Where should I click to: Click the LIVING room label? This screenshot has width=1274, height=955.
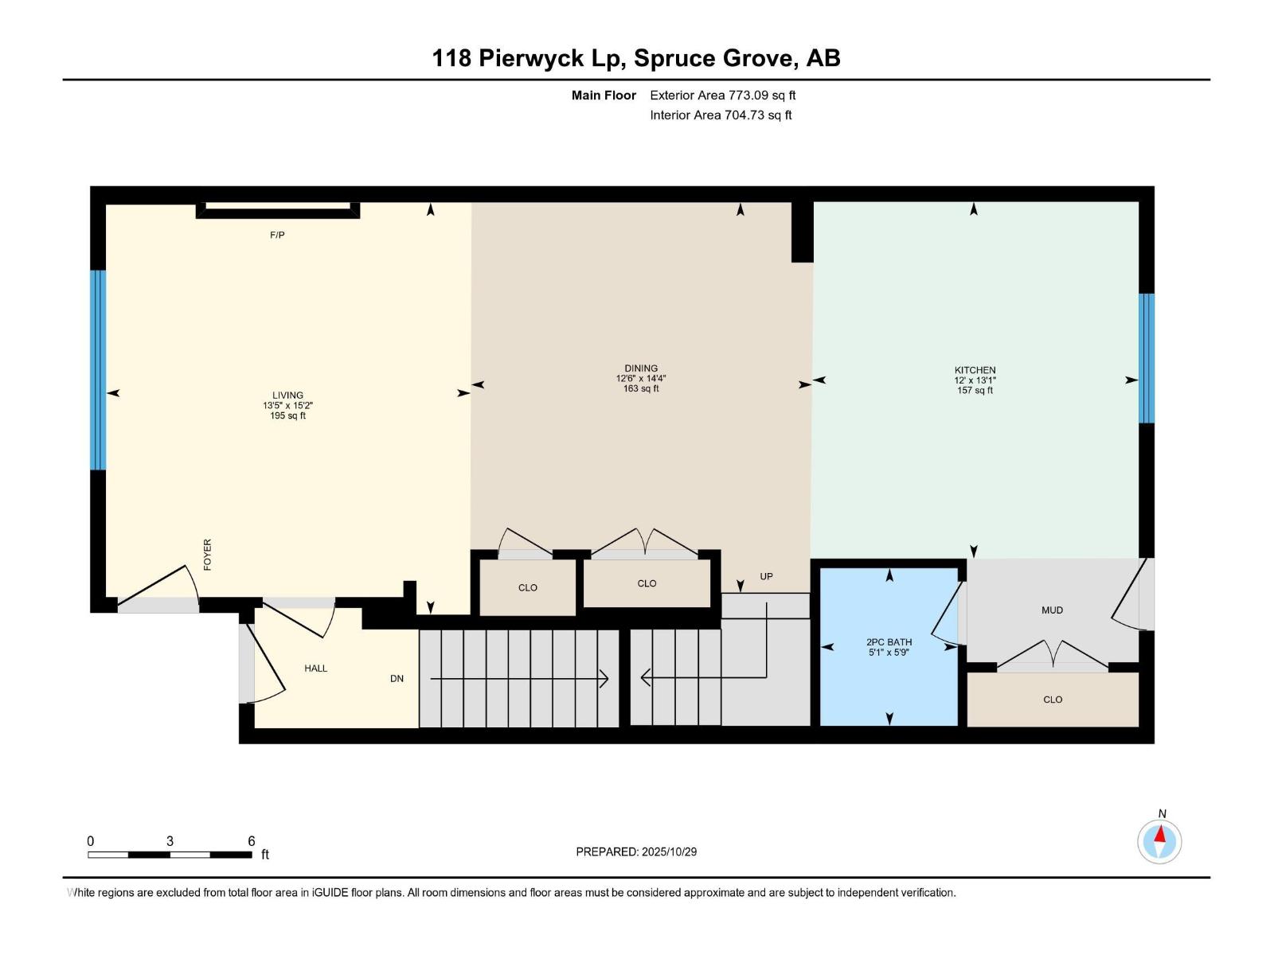coord(287,395)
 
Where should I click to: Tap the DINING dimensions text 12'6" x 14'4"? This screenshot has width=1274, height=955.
coord(640,379)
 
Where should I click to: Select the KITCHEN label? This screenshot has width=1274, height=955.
coord(975,370)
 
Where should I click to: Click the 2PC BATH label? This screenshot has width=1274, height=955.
coord(889,642)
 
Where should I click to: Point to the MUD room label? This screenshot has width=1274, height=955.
coord(1052,610)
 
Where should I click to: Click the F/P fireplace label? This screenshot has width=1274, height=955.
coord(277,236)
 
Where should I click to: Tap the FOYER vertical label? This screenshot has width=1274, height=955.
coord(208,555)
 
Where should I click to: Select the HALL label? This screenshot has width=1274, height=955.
coord(315,668)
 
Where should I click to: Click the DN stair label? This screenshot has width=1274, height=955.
coord(397,679)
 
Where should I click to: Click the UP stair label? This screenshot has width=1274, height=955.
coord(766,576)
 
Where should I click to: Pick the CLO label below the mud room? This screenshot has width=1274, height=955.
coord(1052,700)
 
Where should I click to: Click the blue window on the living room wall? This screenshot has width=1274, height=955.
coord(98,370)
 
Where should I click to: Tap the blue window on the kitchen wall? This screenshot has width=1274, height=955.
coord(1146,358)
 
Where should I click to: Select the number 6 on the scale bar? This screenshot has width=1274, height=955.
coord(251,841)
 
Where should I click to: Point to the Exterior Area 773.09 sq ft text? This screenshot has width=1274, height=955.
coord(722,95)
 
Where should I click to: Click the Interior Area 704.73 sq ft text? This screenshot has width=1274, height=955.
coord(720,115)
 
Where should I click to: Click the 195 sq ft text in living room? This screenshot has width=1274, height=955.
coord(287,415)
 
